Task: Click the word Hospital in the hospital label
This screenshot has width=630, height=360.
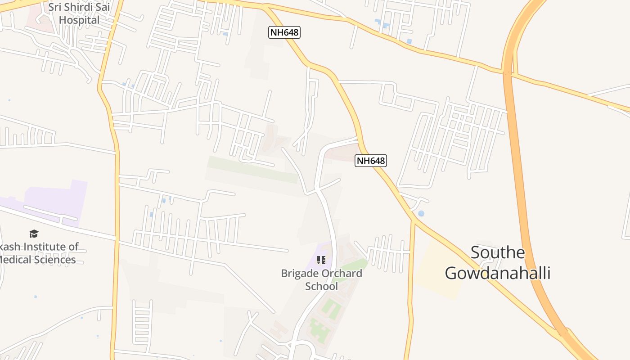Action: point(79,20)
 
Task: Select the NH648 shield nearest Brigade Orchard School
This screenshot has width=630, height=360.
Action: point(371,161)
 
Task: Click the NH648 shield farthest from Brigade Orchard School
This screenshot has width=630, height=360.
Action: point(284,32)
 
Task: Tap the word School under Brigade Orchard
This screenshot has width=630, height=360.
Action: point(321,286)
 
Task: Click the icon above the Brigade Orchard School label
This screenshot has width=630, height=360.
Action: point(321,260)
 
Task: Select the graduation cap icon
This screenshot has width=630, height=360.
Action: point(34,234)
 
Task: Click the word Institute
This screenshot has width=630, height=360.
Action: point(49,247)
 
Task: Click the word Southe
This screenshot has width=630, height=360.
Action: point(498,252)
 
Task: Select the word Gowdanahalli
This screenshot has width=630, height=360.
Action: point(498,273)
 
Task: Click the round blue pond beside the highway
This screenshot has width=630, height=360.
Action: point(421,214)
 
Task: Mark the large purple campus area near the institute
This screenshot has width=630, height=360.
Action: point(58,198)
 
